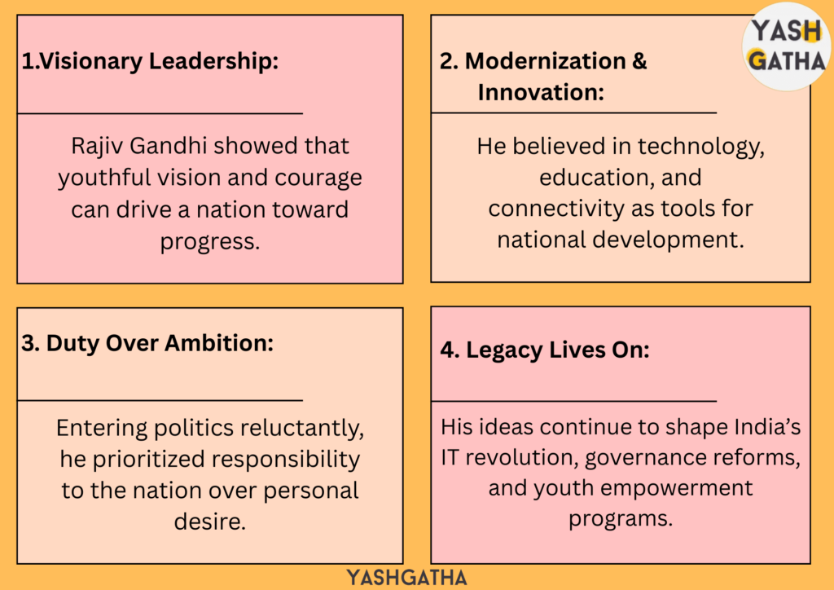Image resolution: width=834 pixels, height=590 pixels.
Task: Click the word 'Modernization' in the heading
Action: pyautogui.click(x=545, y=60)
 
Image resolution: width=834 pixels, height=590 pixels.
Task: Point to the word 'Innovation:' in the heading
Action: pyautogui.click(x=541, y=92)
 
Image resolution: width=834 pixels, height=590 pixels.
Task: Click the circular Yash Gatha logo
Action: pyautogui.click(x=787, y=46)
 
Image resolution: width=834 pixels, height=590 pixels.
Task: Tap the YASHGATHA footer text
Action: pyautogui.click(x=407, y=578)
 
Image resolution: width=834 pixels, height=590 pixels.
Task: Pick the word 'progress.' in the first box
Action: pyautogui.click(x=210, y=242)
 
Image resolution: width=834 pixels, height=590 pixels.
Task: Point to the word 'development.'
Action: pyautogui.click(x=668, y=240)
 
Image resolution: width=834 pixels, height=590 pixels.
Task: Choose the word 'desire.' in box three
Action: pyautogui.click(x=210, y=522)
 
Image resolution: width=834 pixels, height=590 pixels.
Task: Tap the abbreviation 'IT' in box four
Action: pyautogui.click(x=450, y=457)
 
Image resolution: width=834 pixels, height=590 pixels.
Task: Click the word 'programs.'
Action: pyautogui.click(x=621, y=519)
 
